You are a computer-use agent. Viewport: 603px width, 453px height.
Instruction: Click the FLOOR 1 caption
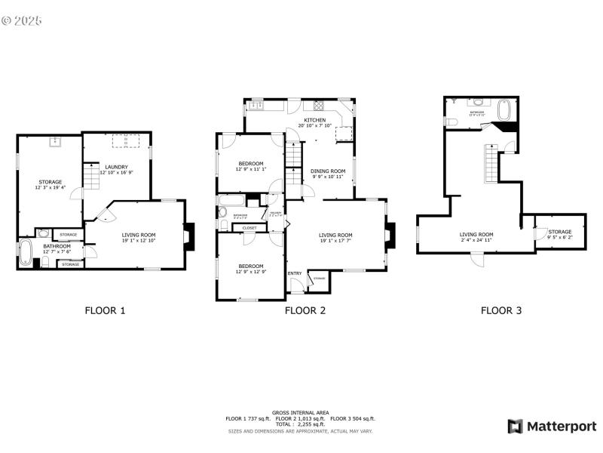point(105,310)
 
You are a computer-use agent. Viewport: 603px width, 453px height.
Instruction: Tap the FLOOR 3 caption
point(501,310)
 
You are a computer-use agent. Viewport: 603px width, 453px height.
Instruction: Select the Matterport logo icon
point(516,427)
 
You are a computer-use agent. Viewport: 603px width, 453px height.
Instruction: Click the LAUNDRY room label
point(116,167)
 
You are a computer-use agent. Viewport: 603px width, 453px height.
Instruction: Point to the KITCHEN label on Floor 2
point(314,120)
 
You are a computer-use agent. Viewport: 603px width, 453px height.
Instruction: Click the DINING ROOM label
point(328,171)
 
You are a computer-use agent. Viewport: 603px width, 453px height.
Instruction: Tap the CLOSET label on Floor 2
point(249,227)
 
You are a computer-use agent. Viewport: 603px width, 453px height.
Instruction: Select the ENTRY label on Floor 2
point(295,273)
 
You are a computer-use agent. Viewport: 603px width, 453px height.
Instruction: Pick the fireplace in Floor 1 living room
point(188,236)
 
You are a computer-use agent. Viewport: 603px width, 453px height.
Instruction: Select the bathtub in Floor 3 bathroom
point(506,111)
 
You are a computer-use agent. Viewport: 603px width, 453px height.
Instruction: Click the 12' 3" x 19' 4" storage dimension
point(51,187)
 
